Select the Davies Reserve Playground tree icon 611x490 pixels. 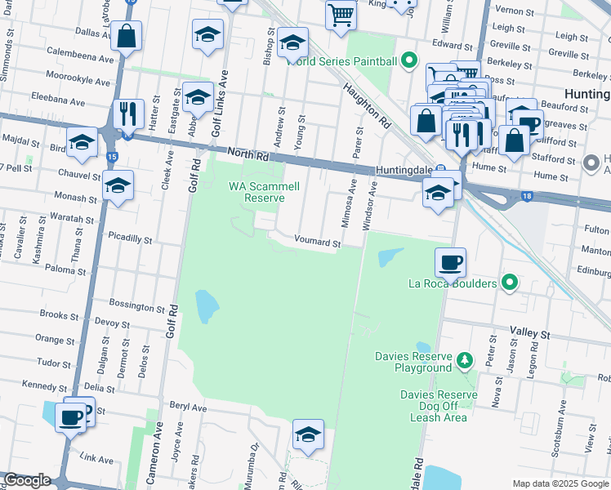(465, 359)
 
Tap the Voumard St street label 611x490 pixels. (316, 243)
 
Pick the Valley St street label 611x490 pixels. (531, 334)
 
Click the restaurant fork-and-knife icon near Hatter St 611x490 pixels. (128, 114)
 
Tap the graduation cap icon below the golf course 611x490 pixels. (308, 434)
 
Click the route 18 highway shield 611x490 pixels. (528, 196)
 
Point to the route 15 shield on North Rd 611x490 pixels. (112, 156)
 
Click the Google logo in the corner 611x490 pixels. (27, 480)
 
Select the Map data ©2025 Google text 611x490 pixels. (560, 483)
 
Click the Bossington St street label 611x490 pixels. (137, 307)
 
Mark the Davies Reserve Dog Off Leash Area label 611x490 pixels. (439, 406)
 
